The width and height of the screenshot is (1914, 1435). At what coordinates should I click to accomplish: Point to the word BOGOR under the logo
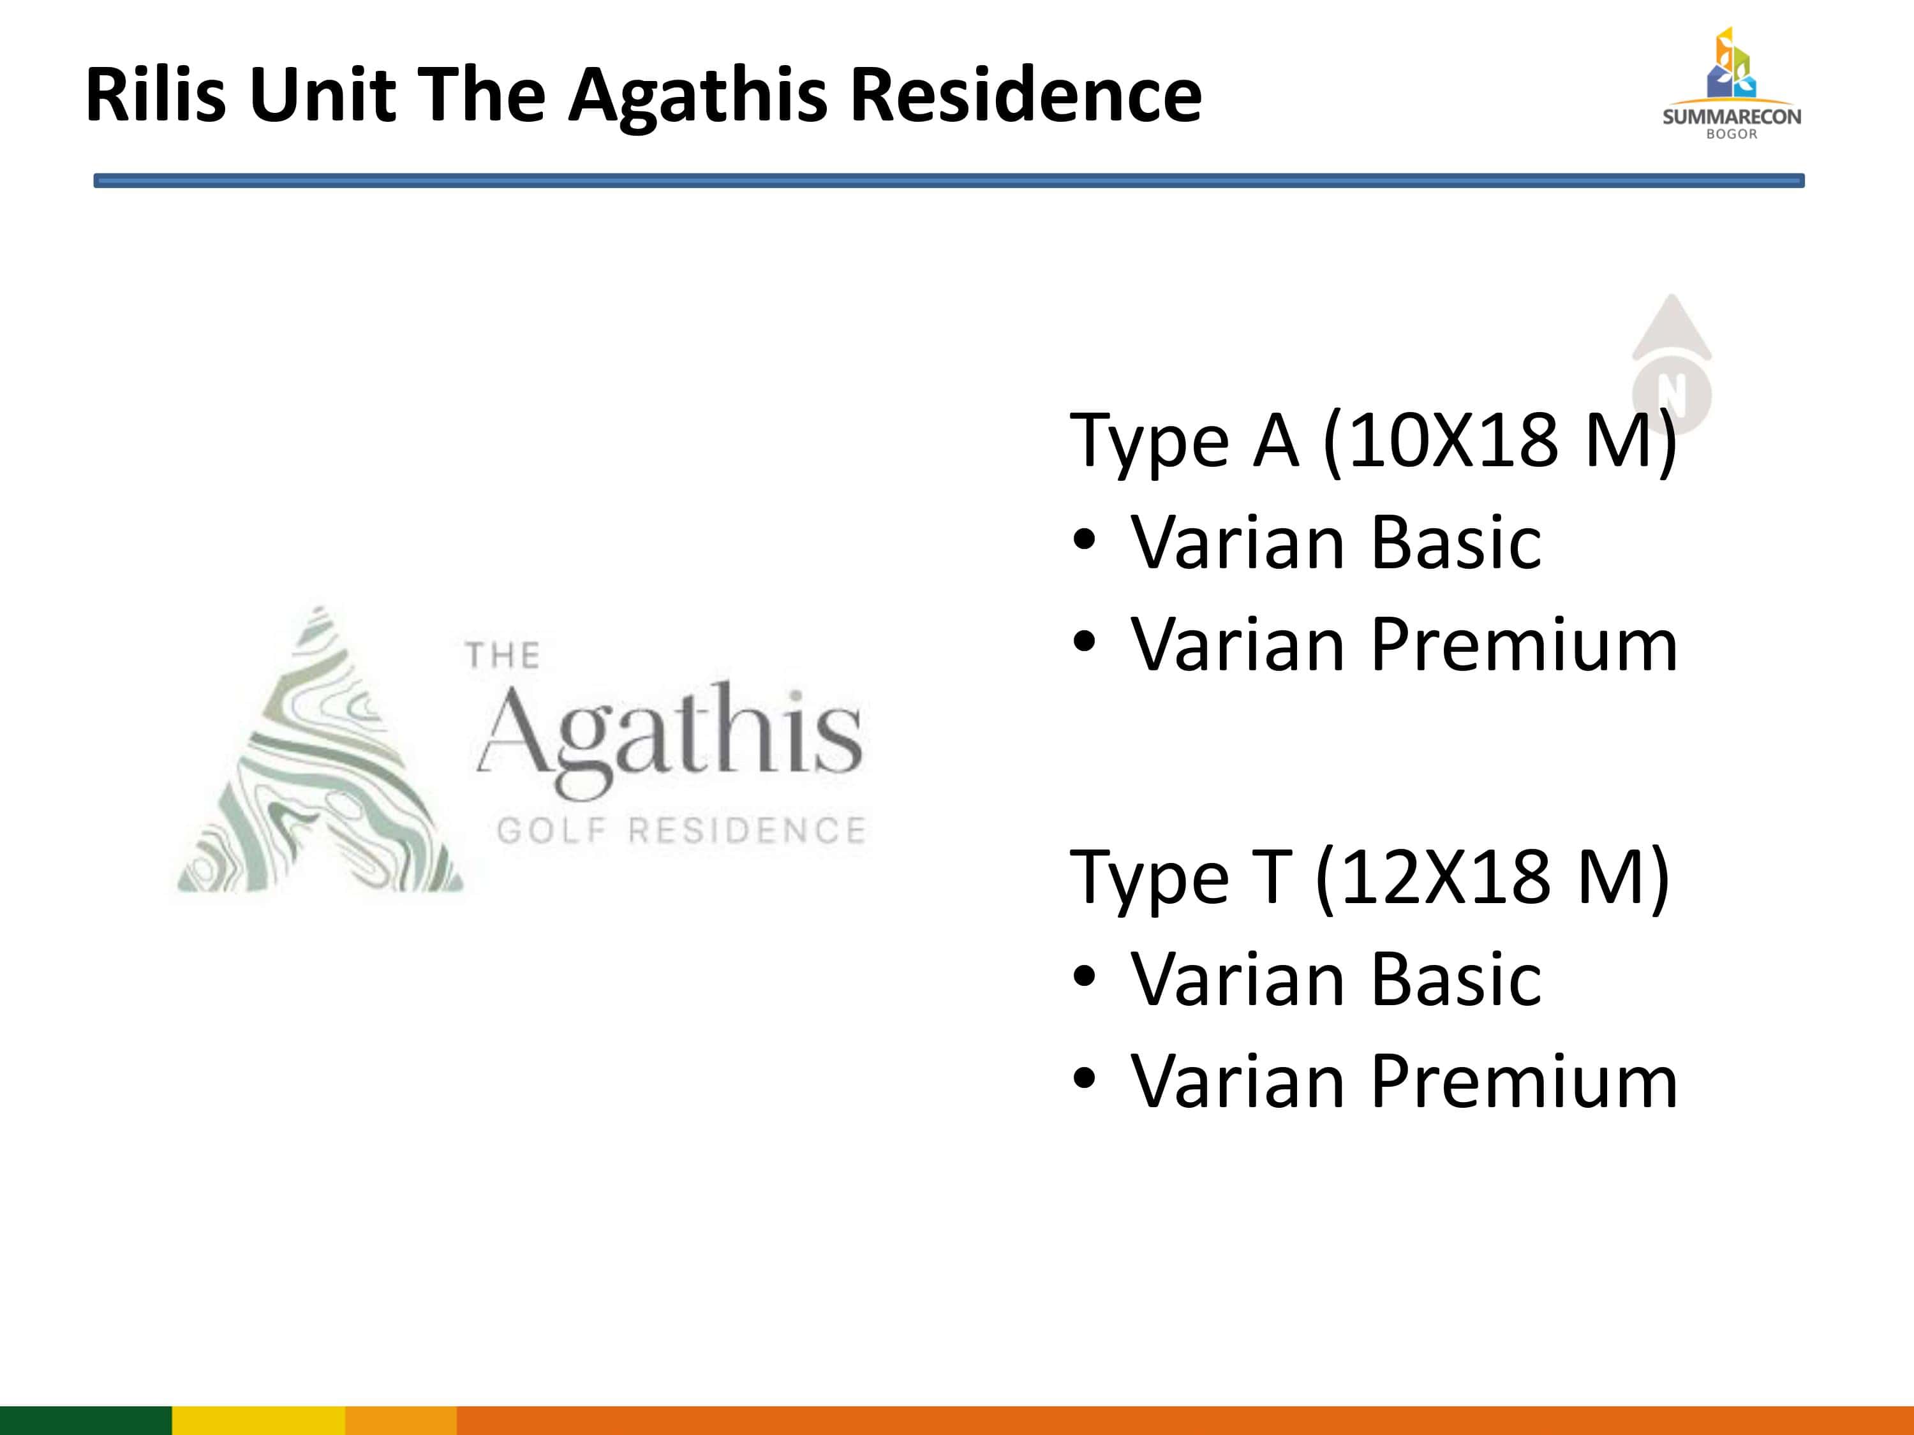1732,134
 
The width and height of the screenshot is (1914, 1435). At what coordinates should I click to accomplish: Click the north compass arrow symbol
1671,364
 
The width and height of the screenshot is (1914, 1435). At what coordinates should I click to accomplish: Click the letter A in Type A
1275,441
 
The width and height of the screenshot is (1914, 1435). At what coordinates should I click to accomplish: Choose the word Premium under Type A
1525,644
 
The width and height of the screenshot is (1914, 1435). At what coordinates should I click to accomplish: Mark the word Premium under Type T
1525,1081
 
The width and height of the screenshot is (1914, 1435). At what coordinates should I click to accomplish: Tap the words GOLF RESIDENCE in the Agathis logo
681,830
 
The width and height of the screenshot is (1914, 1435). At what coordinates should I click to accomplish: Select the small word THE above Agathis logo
503,655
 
